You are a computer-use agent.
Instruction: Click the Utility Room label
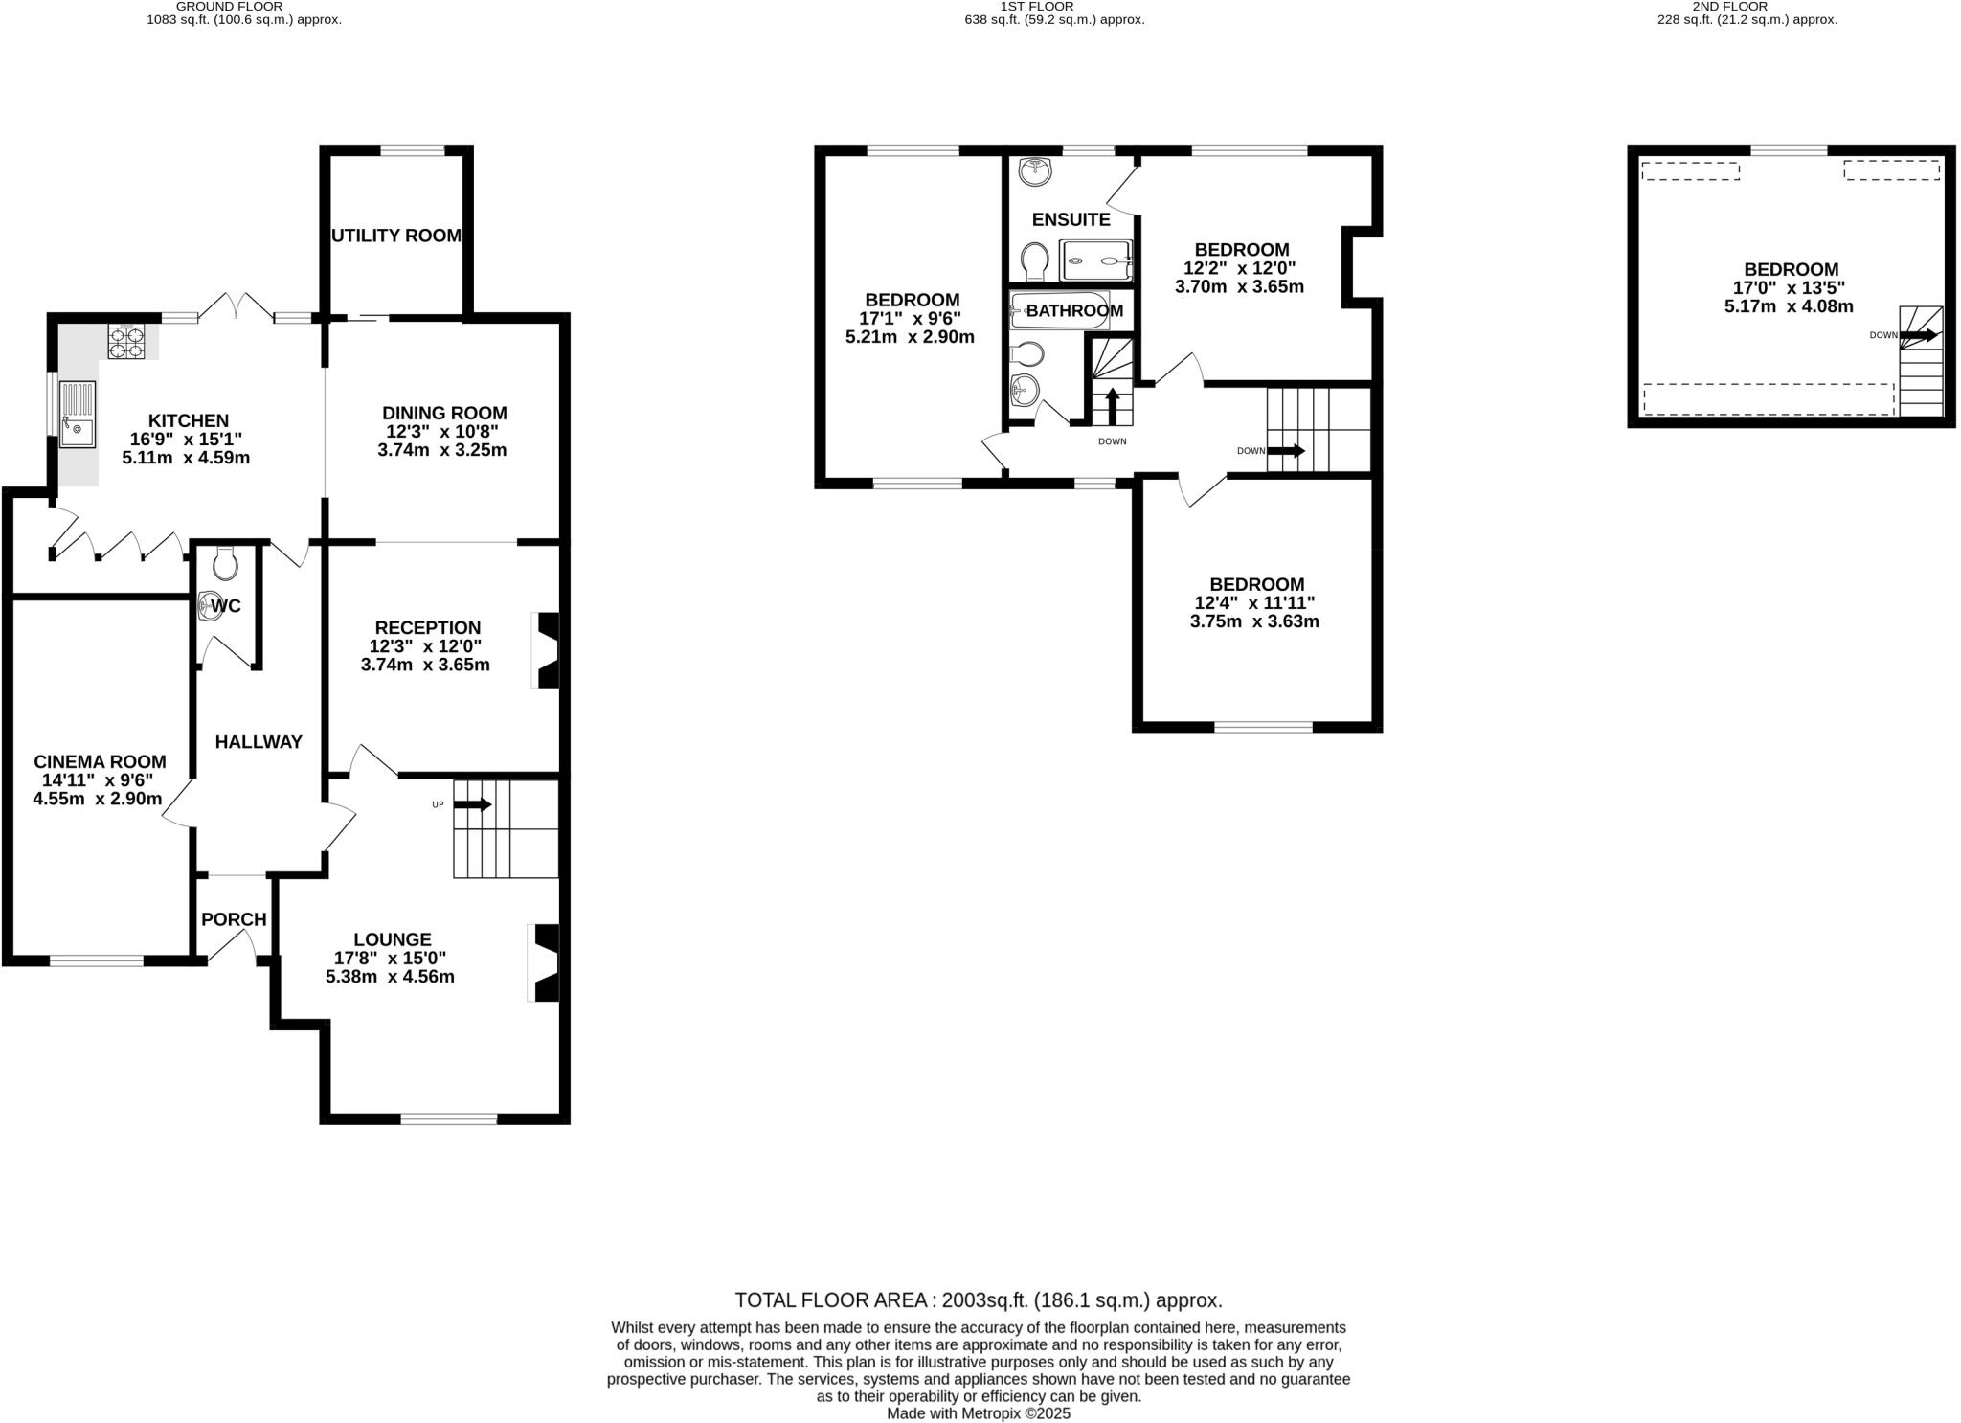coord(396,236)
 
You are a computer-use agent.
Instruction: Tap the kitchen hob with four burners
coord(126,343)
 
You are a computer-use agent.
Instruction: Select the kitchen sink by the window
coord(78,414)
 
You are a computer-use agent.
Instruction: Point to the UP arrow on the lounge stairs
coord(472,805)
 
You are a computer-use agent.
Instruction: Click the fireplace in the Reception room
coord(547,651)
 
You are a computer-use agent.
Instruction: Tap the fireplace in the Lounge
coord(545,962)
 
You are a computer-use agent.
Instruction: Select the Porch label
coord(234,919)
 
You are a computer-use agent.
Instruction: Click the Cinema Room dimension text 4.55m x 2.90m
coord(98,799)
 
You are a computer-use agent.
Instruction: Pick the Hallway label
coord(259,741)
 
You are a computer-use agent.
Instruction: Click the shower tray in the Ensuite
coord(1096,260)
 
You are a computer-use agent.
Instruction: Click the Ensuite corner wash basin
coord(1035,172)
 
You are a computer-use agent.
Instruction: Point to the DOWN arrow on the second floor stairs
coord(1919,335)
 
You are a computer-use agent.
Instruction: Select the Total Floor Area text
coord(979,1300)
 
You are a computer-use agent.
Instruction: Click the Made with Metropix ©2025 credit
coord(979,1413)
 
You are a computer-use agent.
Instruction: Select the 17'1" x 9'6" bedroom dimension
coord(911,319)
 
